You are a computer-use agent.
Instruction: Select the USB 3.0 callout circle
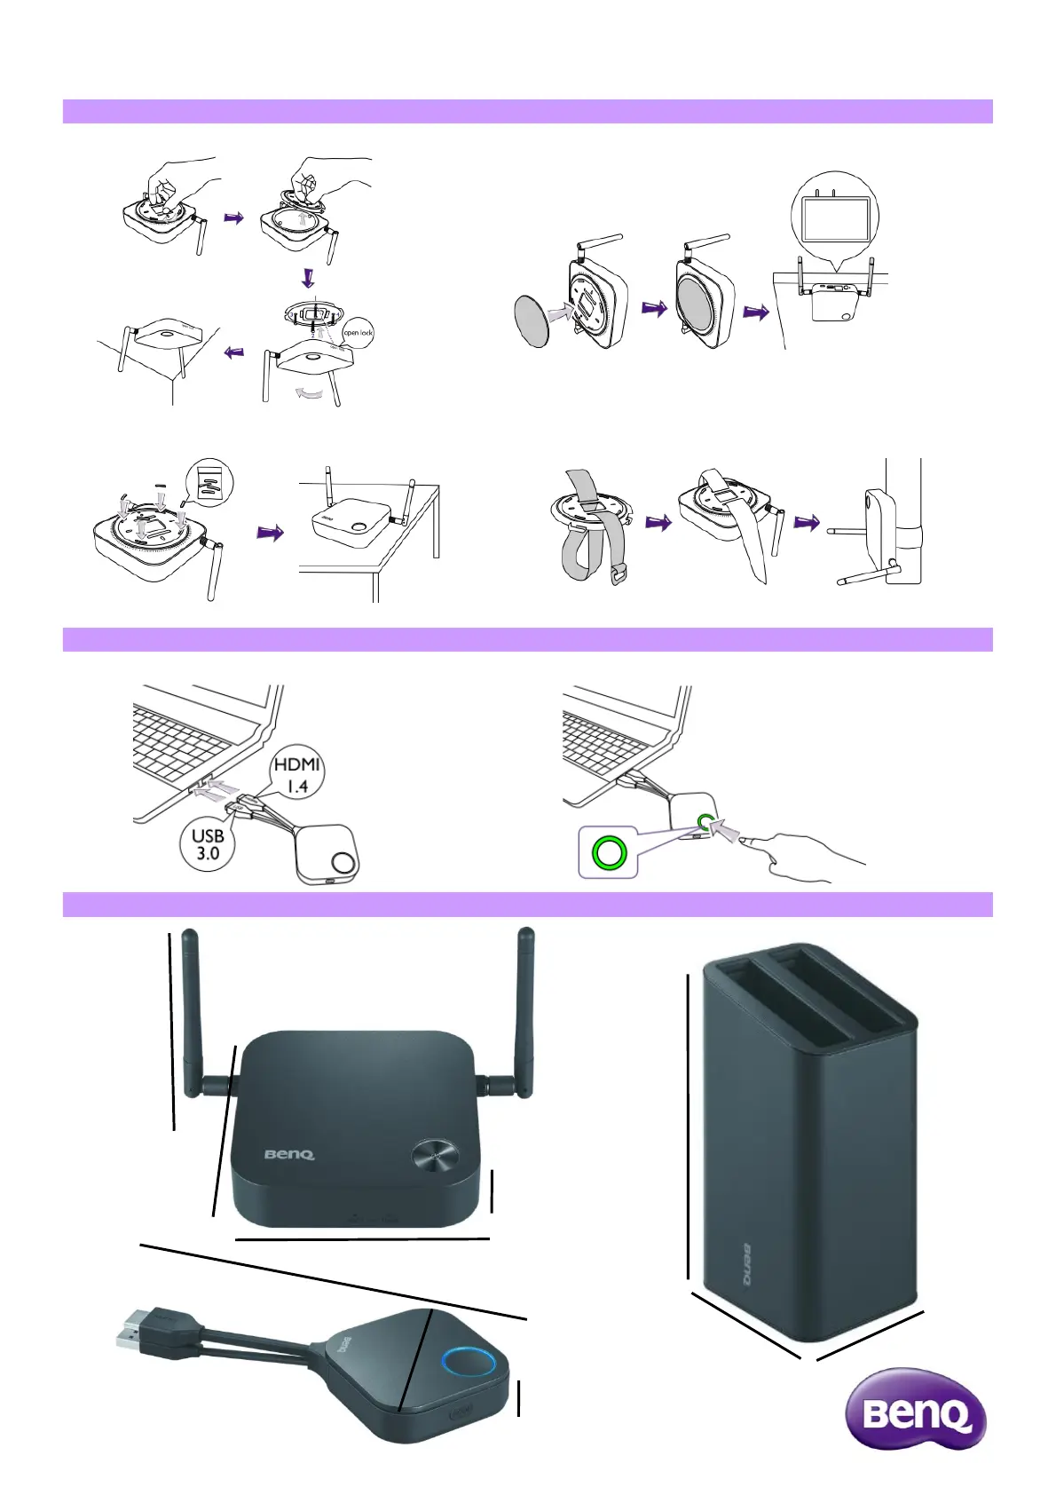(x=208, y=844)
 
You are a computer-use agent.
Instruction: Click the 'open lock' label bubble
(x=359, y=333)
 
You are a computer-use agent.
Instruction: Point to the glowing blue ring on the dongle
(x=464, y=1361)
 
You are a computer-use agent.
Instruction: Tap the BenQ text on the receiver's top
(x=289, y=1155)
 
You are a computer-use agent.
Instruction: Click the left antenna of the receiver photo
(x=190, y=1012)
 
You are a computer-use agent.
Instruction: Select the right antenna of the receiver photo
(x=524, y=1012)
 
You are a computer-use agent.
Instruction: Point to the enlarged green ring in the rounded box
(x=610, y=853)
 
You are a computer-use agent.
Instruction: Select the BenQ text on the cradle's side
(x=744, y=1264)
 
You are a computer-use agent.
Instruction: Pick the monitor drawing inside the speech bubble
(x=834, y=218)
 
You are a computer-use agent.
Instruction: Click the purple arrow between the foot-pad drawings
(x=270, y=533)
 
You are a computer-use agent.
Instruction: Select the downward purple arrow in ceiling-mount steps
(x=308, y=278)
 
